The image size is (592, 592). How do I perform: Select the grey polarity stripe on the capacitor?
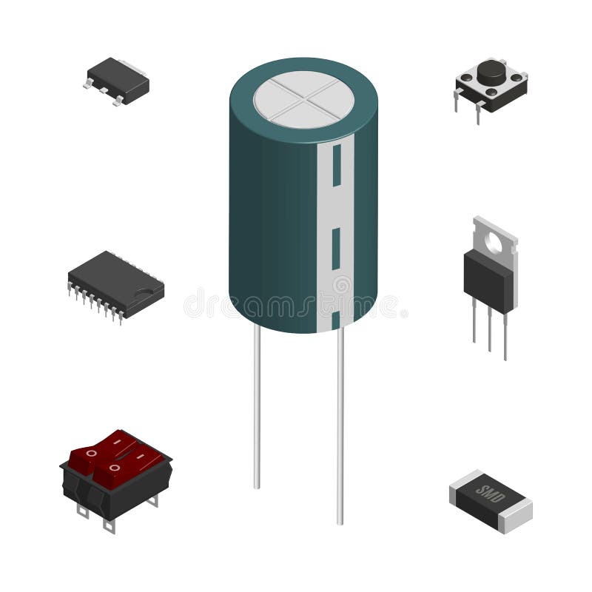(334, 222)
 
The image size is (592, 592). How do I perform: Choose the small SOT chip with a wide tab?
(117, 81)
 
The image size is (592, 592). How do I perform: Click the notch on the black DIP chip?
(154, 291)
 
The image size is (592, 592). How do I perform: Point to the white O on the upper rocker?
(90, 451)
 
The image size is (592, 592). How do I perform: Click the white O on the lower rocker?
(113, 468)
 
